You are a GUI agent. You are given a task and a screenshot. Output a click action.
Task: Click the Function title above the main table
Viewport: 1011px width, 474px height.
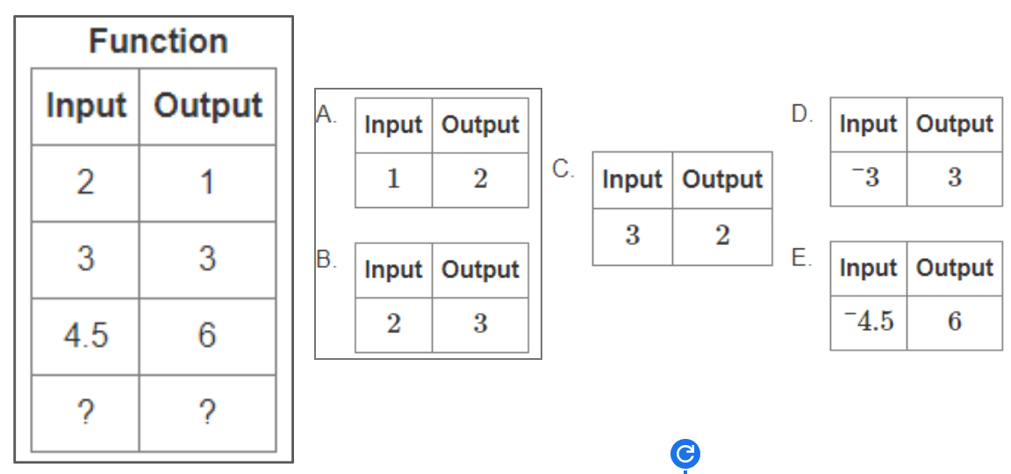[158, 42]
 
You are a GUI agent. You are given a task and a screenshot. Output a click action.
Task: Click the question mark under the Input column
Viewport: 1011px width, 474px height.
[85, 413]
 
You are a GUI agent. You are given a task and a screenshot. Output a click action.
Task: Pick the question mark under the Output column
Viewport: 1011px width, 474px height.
[207, 413]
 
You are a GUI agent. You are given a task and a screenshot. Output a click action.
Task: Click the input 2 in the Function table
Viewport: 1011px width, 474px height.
[85, 183]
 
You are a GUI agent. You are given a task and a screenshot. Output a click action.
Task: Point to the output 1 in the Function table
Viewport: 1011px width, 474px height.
[207, 183]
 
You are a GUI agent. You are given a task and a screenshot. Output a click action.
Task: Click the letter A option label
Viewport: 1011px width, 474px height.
[326, 115]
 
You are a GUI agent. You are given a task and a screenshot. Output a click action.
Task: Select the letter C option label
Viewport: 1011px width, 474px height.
[563, 169]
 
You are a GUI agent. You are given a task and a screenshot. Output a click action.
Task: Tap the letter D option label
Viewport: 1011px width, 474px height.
[802, 114]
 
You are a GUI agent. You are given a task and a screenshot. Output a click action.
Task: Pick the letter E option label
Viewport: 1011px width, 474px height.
[802, 258]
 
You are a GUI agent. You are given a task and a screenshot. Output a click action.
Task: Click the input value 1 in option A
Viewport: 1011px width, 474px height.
[393, 179]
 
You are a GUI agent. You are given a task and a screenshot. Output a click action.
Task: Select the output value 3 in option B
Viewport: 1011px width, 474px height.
[480, 324]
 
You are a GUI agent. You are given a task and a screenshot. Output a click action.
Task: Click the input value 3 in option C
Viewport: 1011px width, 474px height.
[633, 236]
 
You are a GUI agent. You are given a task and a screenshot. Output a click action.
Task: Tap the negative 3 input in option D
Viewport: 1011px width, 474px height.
[868, 177]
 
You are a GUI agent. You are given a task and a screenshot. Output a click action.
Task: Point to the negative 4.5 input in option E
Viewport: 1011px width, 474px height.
[869, 320]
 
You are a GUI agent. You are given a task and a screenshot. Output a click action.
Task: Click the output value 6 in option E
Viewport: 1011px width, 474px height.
[955, 320]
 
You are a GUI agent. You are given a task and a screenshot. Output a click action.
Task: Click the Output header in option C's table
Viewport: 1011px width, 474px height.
[722, 180]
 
